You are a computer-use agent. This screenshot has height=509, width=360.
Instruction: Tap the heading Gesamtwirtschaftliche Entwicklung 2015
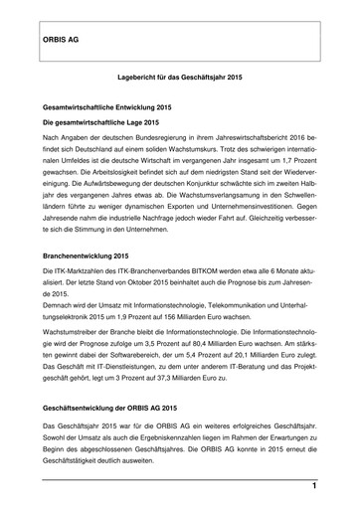(x=108, y=105)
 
